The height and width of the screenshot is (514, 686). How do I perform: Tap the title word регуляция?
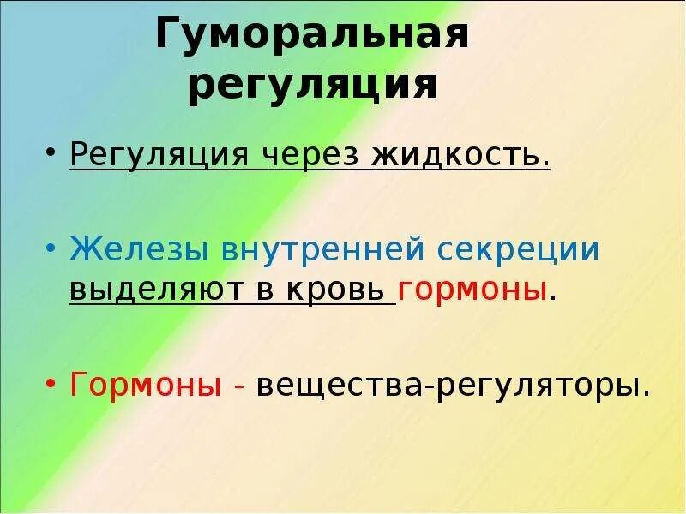[312, 87]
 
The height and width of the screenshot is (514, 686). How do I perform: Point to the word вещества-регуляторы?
[451, 385]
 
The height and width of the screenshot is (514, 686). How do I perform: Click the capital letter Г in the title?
[169, 36]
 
